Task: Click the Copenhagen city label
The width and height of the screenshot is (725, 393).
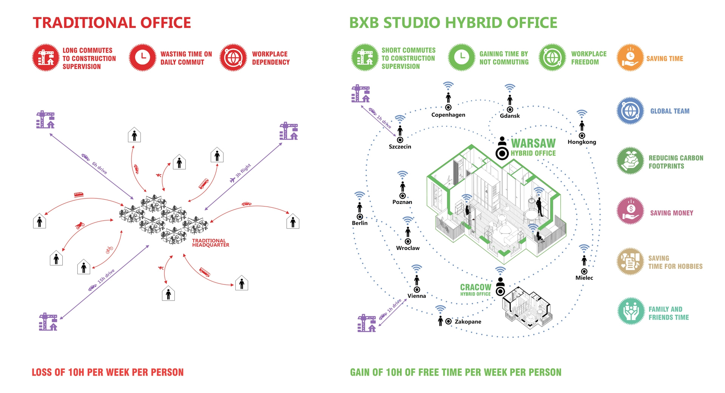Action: [x=448, y=115]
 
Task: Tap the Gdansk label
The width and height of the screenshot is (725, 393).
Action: [x=510, y=116]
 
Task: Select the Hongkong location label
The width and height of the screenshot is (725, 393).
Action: [x=582, y=142]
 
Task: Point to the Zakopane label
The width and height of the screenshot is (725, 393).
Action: [x=468, y=322]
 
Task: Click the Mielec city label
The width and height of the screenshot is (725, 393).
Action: [x=584, y=278]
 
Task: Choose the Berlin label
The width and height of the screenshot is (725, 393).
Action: [x=359, y=223]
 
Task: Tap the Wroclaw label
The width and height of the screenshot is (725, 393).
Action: [x=408, y=248]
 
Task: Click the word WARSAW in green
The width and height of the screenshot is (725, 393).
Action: [x=533, y=143]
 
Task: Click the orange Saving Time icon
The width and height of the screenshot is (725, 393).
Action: [x=630, y=58]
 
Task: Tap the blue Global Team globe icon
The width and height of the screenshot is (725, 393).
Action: [x=630, y=111]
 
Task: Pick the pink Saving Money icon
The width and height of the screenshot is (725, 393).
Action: [x=630, y=211]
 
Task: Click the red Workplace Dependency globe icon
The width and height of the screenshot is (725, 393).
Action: [x=233, y=57]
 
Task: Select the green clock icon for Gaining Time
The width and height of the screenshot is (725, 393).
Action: [x=461, y=57]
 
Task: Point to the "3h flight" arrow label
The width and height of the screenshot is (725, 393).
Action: [x=243, y=171]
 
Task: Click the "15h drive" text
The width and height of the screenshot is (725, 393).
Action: [x=106, y=276]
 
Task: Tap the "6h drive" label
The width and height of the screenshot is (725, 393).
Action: [x=99, y=168]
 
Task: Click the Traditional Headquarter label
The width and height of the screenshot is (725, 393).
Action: [x=211, y=243]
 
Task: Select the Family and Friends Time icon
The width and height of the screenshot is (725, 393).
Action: [x=631, y=311]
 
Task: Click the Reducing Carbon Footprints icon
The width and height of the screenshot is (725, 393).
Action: [x=630, y=160]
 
